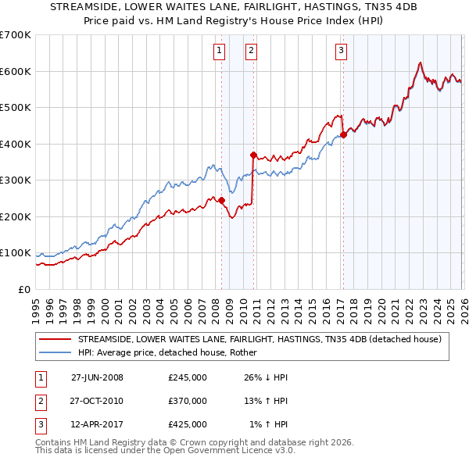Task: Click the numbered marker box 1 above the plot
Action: click(218, 52)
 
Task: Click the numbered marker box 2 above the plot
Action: click(251, 52)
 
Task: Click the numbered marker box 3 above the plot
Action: click(342, 52)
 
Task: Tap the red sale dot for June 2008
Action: click(221, 200)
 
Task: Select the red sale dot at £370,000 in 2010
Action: click(253, 155)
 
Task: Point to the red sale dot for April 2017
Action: click(343, 135)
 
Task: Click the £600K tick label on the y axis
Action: click(15, 71)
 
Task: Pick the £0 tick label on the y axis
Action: click(23, 289)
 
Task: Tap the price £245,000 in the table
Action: click(188, 377)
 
